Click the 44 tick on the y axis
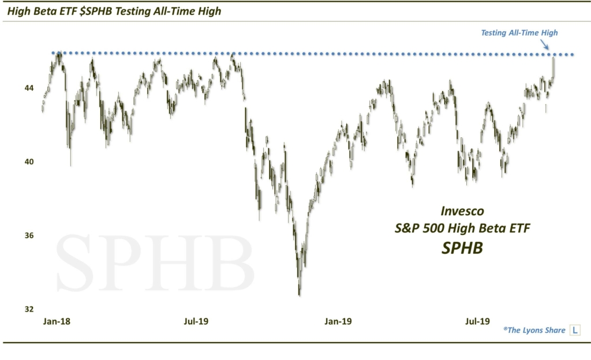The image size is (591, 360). [28, 88]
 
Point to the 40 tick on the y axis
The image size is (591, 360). [28, 162]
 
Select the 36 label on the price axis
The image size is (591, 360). [28, 235]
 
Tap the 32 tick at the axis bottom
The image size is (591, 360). [28, 309]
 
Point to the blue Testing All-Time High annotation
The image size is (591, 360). [519, 33]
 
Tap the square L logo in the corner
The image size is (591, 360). [575, 331]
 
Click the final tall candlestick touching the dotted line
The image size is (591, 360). [553, 67]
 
